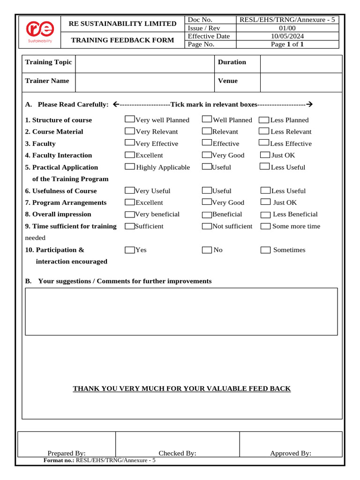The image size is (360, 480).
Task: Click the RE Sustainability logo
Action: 40,31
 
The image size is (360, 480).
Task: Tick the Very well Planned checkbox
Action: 130,120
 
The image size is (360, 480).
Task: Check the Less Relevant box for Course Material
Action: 264,131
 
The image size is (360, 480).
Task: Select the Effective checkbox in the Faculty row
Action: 207,143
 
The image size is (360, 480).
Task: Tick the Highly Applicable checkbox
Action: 130,166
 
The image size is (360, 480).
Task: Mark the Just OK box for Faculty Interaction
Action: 265,155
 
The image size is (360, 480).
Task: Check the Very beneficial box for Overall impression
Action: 130,214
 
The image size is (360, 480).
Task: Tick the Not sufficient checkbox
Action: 207,226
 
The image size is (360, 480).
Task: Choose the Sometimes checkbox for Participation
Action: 265,250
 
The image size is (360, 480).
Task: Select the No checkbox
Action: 207,250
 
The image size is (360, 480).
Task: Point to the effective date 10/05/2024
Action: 288,36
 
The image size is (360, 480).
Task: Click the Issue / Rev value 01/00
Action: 288,28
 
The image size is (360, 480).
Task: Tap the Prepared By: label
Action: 67,453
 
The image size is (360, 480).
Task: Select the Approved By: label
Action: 291,453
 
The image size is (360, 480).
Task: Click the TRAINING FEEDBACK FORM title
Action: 122,40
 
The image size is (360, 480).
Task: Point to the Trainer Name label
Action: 47,81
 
